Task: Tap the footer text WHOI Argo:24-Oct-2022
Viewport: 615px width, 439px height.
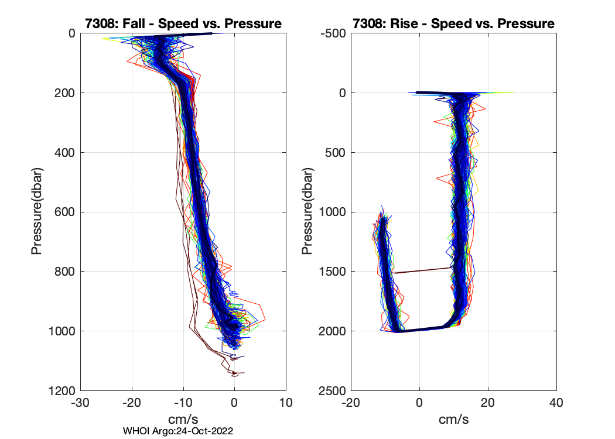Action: click(178, 431)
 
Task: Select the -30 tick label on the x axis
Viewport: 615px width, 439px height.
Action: click(80, 403)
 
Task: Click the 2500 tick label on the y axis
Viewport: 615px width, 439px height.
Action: click(332, 390)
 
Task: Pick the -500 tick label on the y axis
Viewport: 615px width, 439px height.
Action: click(334, 33)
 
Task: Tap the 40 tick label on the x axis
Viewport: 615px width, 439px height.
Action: click(556, 403)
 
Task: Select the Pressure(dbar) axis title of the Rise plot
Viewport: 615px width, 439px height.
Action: click(307, 211)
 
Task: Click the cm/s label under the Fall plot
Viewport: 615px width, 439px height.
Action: click(183, 419)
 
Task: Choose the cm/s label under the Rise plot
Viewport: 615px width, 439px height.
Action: click(453, 419)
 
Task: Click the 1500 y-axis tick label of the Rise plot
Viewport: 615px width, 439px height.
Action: click(332, 272)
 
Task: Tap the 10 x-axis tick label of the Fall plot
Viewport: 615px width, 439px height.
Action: click(286, 403)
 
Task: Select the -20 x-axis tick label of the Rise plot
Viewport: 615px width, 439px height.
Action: click(350, 403)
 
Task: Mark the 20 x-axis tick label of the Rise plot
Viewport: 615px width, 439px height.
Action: click(487, 403)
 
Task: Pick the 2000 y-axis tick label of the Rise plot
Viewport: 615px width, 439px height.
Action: click(332, 331)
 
